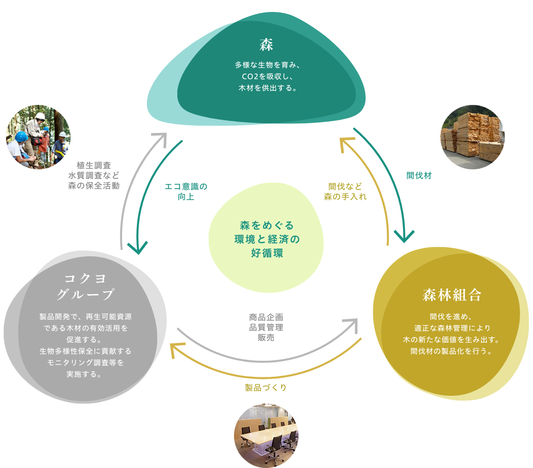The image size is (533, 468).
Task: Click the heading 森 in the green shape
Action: (x=266, y=45)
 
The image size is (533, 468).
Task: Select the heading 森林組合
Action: (x=451, y=295)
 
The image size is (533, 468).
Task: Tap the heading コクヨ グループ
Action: (x=86, y=286)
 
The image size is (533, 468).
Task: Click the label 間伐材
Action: (x=419, y=175)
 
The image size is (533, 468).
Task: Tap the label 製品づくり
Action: (x=266, y=387)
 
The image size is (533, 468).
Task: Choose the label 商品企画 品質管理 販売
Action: (x=266, y=327)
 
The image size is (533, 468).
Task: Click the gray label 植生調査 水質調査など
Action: (x=94, y=175)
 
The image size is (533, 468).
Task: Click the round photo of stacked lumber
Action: (x=473, y=137)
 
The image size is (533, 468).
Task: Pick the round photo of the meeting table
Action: (x=266, y=435)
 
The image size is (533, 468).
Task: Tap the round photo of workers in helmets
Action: (x=38, y=137)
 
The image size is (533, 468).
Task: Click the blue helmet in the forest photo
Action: (x=21, y=137)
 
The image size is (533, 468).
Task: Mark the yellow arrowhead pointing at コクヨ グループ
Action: (x=176, y=348)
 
